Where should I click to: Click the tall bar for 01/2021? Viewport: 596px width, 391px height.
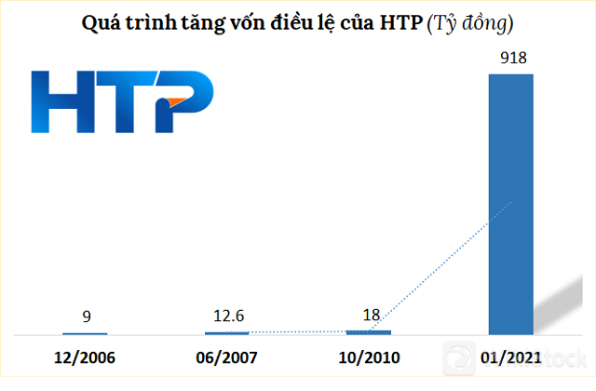tap(511, 203)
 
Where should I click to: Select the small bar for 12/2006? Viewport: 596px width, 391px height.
tap(85, 333)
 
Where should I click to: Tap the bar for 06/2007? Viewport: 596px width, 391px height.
tap(227, 332)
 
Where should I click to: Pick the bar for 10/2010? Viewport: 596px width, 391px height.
tap(369, 331)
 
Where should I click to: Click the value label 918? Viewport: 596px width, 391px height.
tap(511, 59)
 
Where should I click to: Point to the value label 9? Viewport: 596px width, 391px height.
tap(85, 317)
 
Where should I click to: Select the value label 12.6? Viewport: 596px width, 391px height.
tap(227, 317)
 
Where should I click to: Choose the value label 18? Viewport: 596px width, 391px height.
tap(371, 315)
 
